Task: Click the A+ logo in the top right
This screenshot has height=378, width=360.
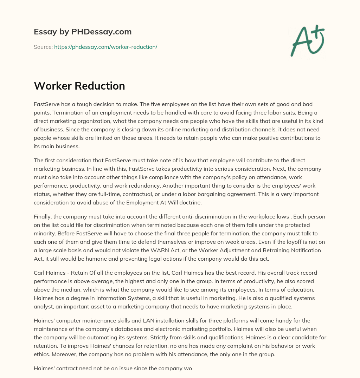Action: [307, 41]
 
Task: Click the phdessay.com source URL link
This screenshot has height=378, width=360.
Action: [105, 47]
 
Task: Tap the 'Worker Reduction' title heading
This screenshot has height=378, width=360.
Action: [79, 86]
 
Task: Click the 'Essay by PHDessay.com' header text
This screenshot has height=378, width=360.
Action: [83, 32]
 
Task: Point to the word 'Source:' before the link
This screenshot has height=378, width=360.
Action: [43, 47]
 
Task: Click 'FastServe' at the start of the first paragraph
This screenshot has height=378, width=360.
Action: [46, 104]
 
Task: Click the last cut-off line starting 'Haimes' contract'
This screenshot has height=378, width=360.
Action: [113, 369]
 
